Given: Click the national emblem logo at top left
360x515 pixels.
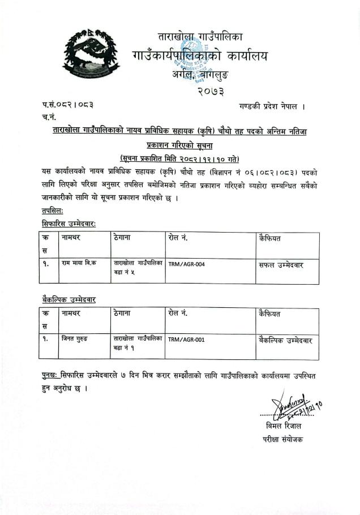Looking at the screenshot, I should pos(91,55).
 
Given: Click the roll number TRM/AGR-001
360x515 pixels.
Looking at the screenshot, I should pos(186,340).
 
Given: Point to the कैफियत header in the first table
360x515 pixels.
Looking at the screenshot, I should pos(273,238).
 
